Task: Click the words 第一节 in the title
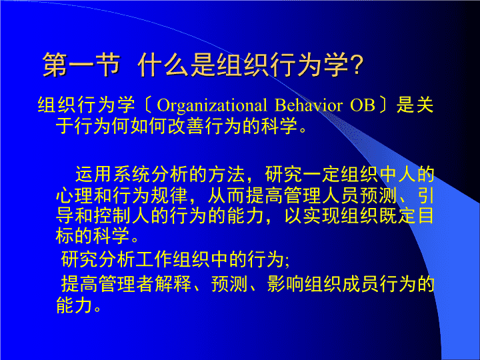[x=81, y=65]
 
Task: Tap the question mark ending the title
[x=357, y=65]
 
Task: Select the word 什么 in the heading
[x=163, y=65]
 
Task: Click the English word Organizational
[x=212, y=105]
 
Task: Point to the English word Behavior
[x=309, y=105]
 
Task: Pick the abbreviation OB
[x=363, y=105]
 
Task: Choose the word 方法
[x=227, y=174]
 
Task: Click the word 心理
[x=75, y=195]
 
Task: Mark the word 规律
[x=169, y=195]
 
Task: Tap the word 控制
[x=113, y=216]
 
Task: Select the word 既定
[x=397, y=216]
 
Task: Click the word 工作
[x=154, y=259]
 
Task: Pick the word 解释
[x=173, y=284]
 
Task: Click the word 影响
[x=285, y=284]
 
